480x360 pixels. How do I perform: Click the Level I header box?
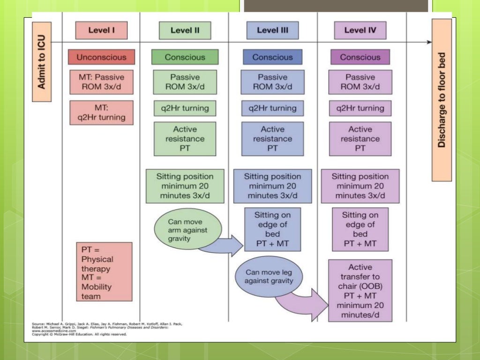click(101, 30)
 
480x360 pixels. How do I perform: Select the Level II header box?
click(185, 30)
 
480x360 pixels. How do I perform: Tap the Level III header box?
click(272, 30)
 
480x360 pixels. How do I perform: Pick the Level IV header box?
click(360, 30)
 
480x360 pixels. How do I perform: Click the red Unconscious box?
click(101, 57)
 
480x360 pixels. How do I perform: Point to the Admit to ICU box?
click(41, 62)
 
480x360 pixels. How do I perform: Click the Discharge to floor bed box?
click(442, 100)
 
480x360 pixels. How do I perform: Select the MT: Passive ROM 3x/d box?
click(101, 82)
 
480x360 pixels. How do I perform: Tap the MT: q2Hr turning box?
click(101, 112)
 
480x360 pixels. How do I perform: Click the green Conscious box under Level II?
click(185, 57)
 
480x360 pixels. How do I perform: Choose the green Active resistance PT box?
click(185, 139)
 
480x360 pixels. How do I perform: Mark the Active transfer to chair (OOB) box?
click(360, 290)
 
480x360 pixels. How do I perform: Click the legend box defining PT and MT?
click(104, 271)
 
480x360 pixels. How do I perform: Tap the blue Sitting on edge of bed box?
click(272, 229)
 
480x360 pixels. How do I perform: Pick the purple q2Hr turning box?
click(360, 108)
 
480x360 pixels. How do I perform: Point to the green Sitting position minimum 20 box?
click(185, 186)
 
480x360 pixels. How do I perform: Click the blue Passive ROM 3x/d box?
click(272, 82)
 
